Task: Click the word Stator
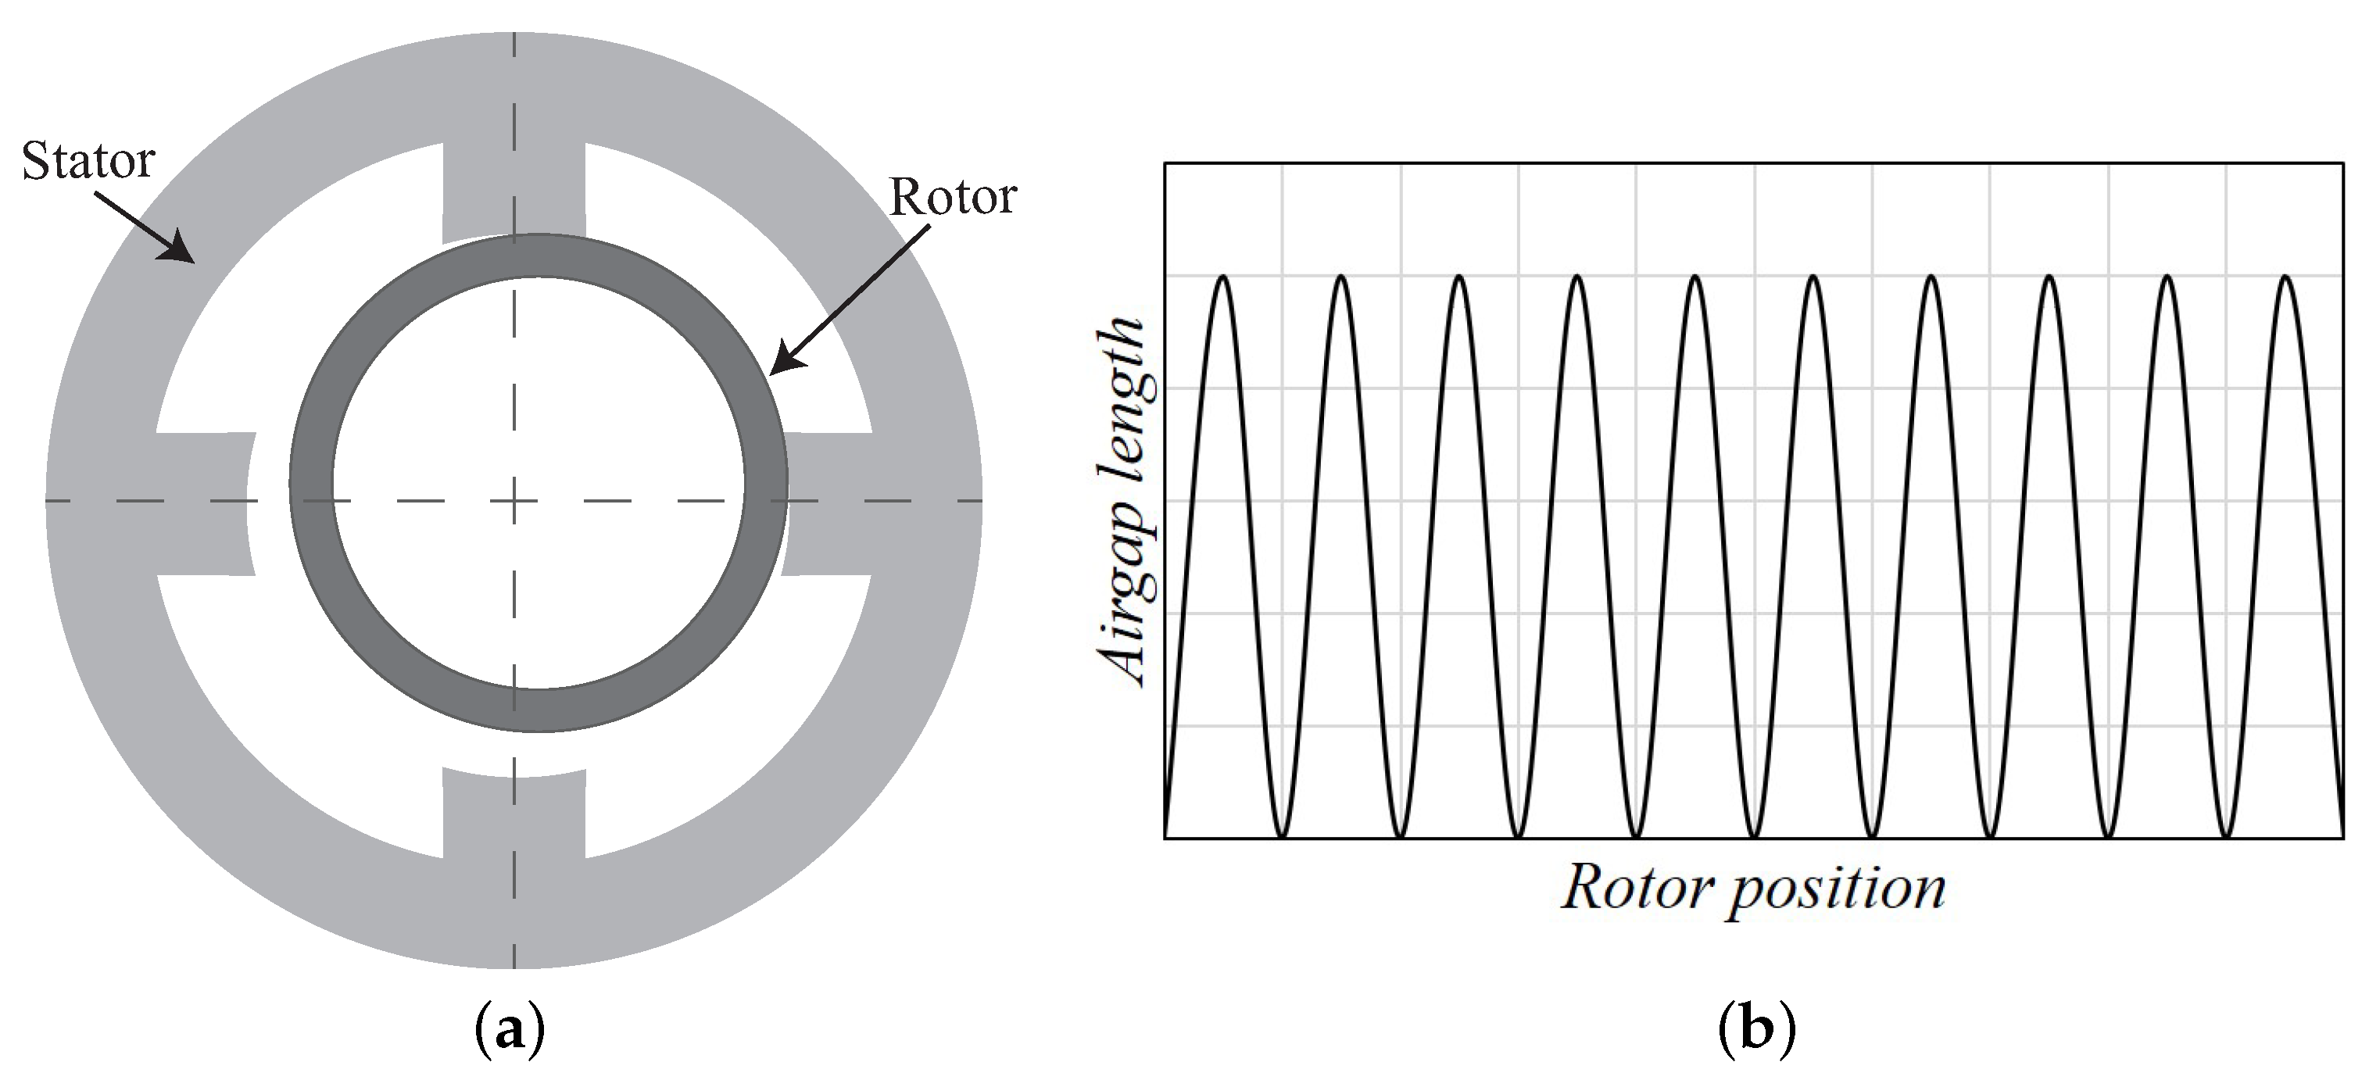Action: (x=88, y=163)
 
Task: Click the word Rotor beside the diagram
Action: (x=954, y=197)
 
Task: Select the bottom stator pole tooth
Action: (x=514, y=816)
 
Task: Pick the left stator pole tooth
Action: (x=202, y=503)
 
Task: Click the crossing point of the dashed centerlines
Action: (x=514, y=502)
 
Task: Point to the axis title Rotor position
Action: (x=1753, y=888)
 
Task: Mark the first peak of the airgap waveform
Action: (x=1223, y=276)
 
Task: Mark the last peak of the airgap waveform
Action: (x=2286, y=276)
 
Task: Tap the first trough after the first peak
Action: (x=1282, y=836)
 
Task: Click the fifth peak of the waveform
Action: (x=1695, y=276)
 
